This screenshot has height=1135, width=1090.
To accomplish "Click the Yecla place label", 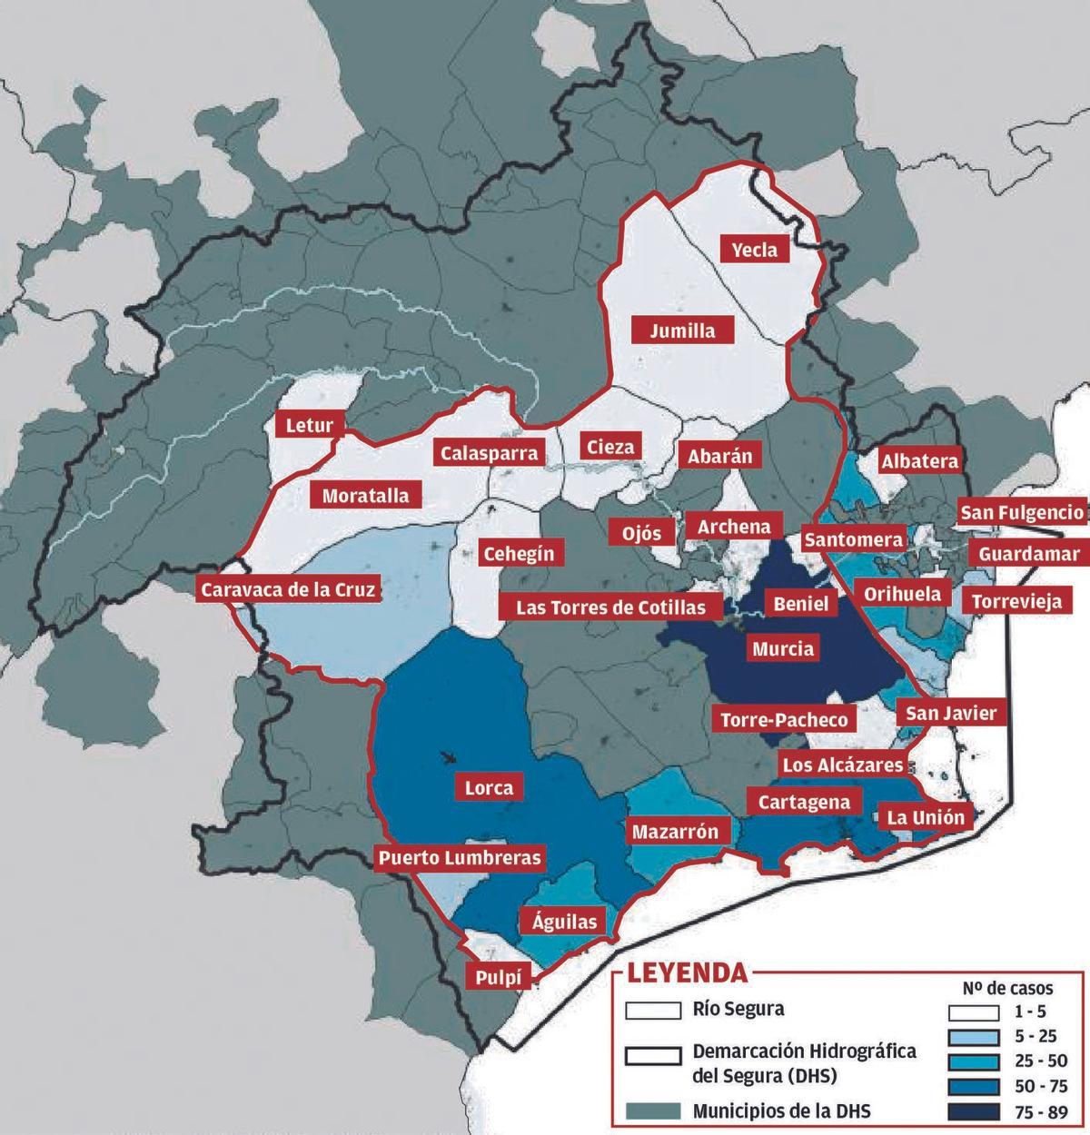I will tap(755, 249).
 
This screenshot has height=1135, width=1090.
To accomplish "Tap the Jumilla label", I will tap(682, 331).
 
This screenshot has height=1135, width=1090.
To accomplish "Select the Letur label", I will tap(309, 425).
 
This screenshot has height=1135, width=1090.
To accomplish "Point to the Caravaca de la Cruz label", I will tap(287, 589).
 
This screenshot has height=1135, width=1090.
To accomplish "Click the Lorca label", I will tap(489, 787).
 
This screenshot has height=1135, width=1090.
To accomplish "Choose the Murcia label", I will tap(783, 648).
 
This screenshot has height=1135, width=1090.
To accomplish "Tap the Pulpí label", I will tap(498, 977).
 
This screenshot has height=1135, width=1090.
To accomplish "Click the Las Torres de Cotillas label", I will tap(610, 607).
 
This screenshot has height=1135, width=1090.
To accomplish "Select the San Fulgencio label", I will tap(1022, 512).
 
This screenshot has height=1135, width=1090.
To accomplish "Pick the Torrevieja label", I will tap(1016, 600).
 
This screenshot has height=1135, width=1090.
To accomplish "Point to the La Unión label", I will tap(926, 817).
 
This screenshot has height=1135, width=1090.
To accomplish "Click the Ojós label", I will tap(642, 532).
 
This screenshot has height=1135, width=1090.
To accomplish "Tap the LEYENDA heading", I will tap(688, 973).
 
